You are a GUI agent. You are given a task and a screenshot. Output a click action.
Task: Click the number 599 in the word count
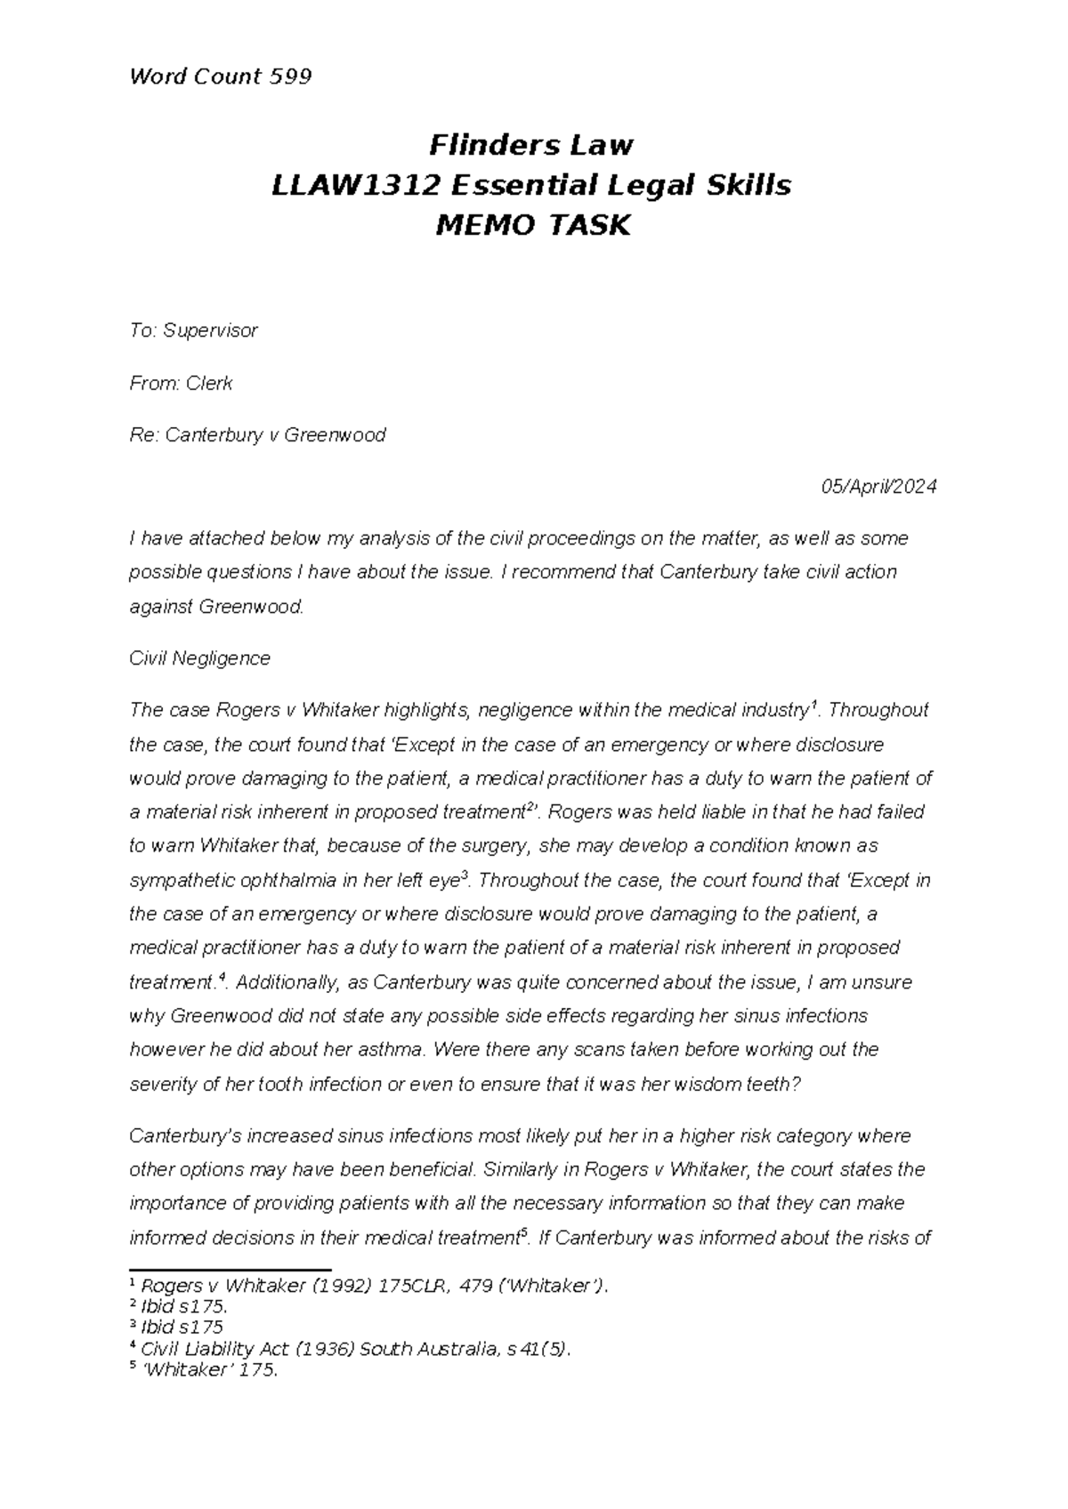287,77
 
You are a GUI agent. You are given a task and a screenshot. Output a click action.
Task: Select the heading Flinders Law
531,144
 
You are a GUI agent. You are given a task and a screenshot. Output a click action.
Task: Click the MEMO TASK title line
531,226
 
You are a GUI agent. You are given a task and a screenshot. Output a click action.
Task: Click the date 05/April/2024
878,487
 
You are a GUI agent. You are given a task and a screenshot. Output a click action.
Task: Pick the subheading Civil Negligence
199,658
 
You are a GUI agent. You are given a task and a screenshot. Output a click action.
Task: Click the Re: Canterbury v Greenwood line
257,435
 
